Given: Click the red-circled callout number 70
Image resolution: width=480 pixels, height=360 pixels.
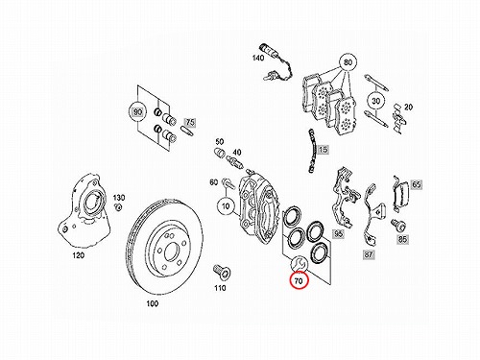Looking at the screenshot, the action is [x=299, y=281].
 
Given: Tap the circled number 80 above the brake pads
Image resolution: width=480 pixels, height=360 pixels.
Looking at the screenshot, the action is [x=348, y=62].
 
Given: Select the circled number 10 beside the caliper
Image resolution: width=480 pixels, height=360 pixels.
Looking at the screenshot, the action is [x=226, y=206].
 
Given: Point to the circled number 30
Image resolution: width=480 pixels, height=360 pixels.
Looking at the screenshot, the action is [x=376, y=101].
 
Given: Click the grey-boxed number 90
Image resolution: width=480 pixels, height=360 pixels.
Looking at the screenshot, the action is [x=137, y=112].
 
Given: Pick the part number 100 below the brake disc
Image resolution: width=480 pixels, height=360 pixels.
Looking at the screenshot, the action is [x=153, y=303].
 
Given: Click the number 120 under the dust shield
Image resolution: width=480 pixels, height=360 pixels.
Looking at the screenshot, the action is [x=79, y=255].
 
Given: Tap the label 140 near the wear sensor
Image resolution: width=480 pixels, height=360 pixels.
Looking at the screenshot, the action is [x=258, y=58].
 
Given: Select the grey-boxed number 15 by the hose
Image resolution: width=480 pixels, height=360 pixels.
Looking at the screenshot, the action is [x=324, y=150].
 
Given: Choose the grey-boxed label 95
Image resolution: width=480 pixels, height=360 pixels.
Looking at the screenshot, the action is [x=338, y=234].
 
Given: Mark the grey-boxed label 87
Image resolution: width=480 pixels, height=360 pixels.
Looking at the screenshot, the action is [x=369, y=254].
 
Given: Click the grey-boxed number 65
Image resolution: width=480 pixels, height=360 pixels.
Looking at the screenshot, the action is [x=417, y=184].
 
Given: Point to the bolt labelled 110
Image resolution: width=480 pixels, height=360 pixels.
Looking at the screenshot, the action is [x=221, y=272].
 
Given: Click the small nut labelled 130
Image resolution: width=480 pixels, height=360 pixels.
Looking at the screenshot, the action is [x=118, y=206].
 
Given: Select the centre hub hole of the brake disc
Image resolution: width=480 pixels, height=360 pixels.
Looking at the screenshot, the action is [x=171, y=252].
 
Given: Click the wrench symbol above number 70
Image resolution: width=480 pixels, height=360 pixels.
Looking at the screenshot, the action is [x=300, y=263].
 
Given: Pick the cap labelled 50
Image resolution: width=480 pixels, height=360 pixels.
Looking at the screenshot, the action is [x=219, y=153].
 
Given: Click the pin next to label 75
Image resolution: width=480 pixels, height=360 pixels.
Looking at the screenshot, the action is [x=187, y=131].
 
